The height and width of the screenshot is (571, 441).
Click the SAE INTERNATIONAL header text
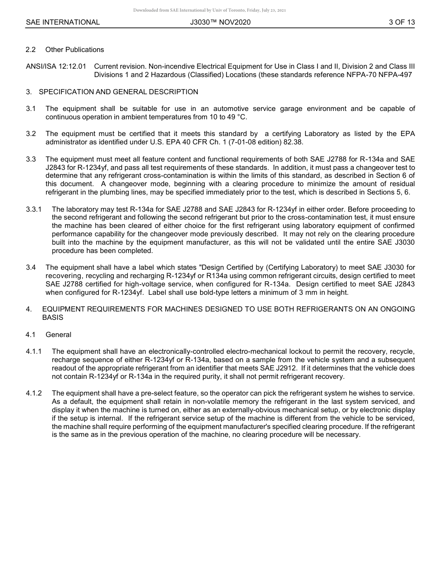(x=63, y=22)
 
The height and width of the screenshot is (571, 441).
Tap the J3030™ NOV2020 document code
(x=220, y=22)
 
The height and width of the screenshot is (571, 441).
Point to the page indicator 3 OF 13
(x=402, y=22)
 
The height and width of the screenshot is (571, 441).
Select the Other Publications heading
(x=75, y=50)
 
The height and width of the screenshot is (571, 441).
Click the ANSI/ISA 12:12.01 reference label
(x=56, y=66)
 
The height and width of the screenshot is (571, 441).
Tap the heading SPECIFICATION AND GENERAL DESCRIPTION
(x=118, y=92)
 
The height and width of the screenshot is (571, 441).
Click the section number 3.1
(x=31, y=109)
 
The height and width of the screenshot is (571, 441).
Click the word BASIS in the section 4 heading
(x=52, y=318)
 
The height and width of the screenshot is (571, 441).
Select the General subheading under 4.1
(x=58, y=335)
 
